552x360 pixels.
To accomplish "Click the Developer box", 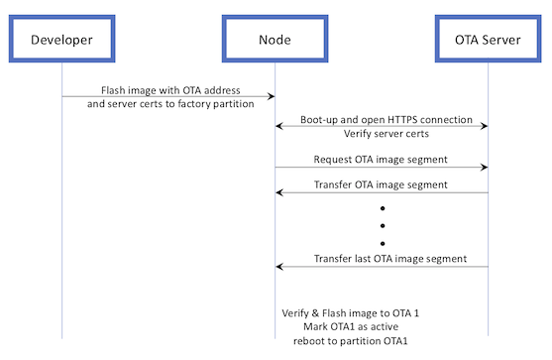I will [x=61, y=39].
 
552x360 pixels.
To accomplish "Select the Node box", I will [x=275, y=39].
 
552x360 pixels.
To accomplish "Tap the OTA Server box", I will [x=488, y=39].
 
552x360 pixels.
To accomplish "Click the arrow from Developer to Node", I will [x=168, y=96].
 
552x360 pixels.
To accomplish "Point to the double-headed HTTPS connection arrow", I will [x=382, y=125].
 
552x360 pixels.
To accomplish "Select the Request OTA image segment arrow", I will [x=382, y=167].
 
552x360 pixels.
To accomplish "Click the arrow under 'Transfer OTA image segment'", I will [x=382, y=193].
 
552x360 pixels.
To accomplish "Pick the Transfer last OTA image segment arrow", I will [x=382, y=266].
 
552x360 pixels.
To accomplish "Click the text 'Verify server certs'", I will [x=382, y=133].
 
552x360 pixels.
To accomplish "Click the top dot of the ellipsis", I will [x=382, y=210].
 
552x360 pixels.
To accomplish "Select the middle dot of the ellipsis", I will [x=382, y=226].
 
